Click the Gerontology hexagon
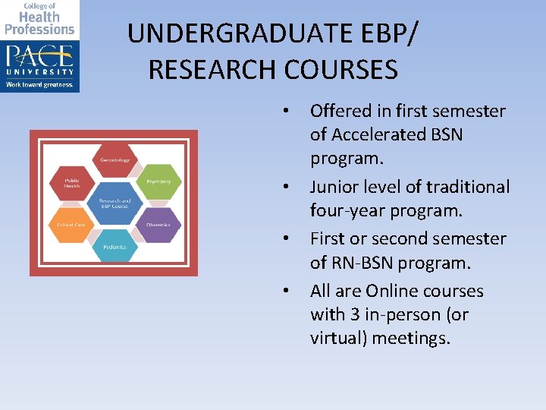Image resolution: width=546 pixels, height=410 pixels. point(115,160)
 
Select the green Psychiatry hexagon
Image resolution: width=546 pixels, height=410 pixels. point(158,181)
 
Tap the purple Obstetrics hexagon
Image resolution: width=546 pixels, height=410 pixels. point(158,225)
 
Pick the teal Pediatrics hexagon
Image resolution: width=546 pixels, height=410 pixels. point(115,247)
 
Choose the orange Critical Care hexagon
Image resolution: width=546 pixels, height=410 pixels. point(70,225)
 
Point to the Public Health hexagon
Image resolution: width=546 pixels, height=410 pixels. point(70,182)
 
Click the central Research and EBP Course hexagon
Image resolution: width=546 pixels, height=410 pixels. point(115,203)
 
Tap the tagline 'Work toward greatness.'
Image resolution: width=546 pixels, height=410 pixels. point(39,85)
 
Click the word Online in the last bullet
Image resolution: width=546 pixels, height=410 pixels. point(394,291)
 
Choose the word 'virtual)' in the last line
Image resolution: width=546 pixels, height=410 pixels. point(342,337)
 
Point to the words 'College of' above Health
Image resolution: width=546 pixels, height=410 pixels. point(39,6)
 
